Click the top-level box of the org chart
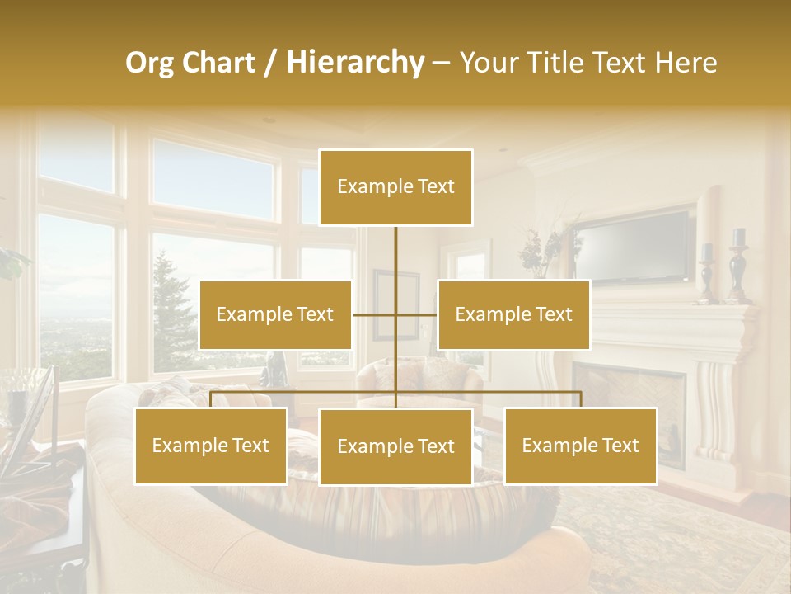[395, 186]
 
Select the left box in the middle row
[275, 314]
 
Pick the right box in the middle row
[513, 314]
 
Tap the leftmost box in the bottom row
[211, 445]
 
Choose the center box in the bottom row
[395, 446]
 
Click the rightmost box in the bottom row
[581, 445]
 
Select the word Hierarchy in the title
[354, 63]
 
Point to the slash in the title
[270, 63]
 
